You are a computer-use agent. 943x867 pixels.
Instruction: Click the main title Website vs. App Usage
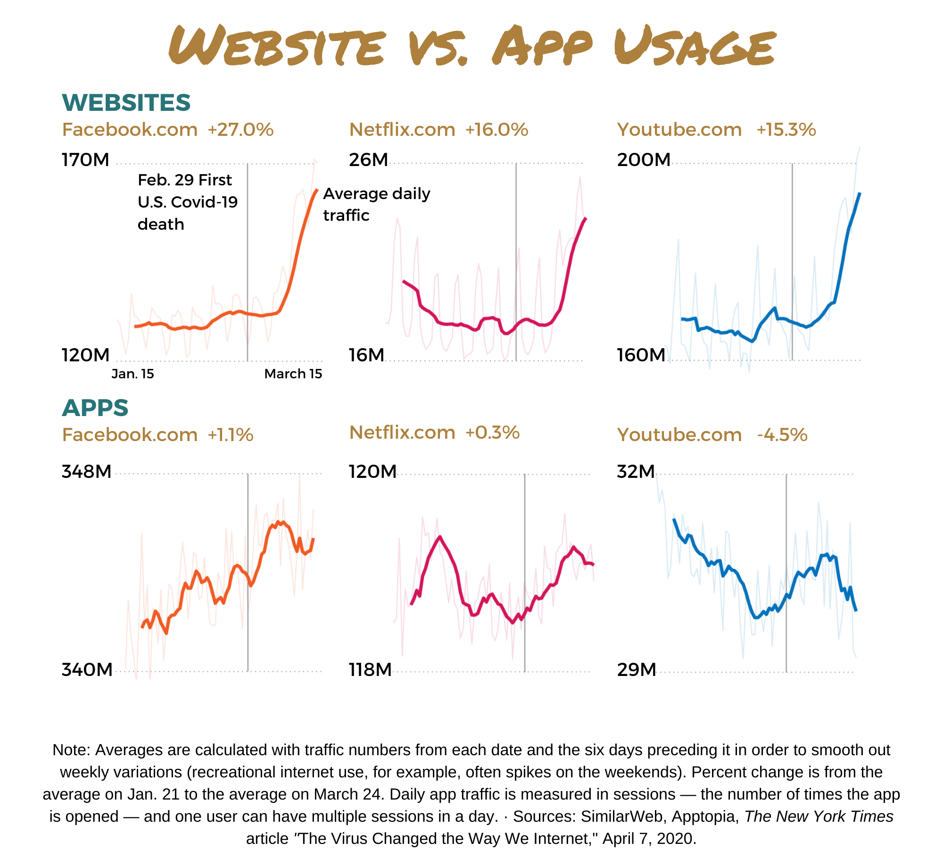[472, 46]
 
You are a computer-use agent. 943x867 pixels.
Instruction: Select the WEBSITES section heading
[126, 102]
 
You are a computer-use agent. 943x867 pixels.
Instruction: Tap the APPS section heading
[95, 408]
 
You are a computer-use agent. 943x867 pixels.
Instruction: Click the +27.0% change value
[240, 130]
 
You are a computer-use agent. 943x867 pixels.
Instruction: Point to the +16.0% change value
[497, 130]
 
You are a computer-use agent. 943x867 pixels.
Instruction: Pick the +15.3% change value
[786, 130]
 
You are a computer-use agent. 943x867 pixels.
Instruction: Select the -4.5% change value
[782, 435]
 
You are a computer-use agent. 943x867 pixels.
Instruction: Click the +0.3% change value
[493, 433]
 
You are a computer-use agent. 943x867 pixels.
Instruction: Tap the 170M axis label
[85, 160]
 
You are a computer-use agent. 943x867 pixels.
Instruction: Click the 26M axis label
[369, 160]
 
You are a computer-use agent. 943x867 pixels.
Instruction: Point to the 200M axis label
[644, 160]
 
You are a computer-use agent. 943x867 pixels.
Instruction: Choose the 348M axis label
[87, 472]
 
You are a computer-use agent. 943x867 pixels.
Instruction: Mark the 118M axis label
[371, 669]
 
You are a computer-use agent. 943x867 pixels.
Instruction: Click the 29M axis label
[637, 669]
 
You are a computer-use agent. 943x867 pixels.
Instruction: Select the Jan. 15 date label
[133, 374]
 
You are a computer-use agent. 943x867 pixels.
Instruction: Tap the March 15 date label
[293, 374]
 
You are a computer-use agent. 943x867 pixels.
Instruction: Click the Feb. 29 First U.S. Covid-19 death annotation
[188, 202]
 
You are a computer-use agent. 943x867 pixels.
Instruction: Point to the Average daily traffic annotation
[377, 204]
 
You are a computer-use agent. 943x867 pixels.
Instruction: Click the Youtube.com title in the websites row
[679, 130]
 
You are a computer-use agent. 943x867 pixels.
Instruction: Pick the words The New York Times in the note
[819, 816]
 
